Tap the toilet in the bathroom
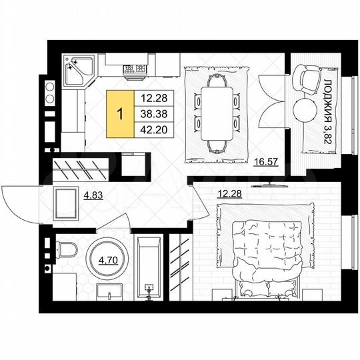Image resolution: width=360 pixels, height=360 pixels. coord(66,253)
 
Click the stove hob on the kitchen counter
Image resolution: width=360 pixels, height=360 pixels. coord(133,68)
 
